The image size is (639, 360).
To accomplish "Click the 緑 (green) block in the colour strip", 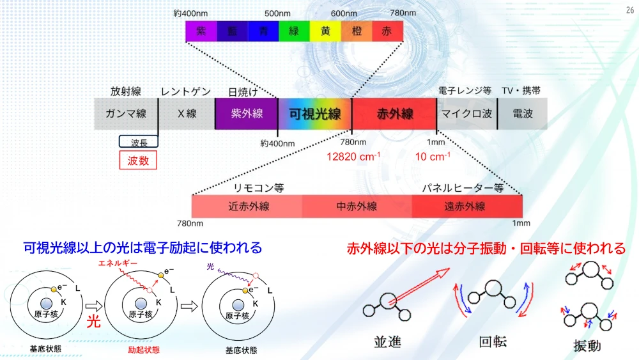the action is pos(294,31).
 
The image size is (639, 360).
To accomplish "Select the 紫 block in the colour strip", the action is pos(201,31).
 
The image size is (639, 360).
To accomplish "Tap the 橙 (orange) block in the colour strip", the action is pos(356,31).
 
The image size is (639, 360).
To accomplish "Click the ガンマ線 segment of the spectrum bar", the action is pos(126,114).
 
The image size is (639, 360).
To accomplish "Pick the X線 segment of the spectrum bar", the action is pos(187,114).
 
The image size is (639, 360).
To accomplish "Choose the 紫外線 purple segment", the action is pos(246,114).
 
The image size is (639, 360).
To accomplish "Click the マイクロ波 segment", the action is pos(466,114).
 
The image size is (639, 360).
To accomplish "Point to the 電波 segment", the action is pos(523,114).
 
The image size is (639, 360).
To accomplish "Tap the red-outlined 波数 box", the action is pos(138,160).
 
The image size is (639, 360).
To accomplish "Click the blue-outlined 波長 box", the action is pos(139,141).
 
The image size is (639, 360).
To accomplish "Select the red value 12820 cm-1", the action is pos(353,157).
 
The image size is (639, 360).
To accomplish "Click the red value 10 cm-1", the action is pos(433,157).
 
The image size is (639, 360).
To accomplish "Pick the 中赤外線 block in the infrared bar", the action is pos(357,207).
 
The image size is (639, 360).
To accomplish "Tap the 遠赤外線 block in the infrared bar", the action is pos(467,207).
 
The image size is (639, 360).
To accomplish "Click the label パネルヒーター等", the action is pos(463,188).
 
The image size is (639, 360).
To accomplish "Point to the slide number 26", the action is pos(630,10).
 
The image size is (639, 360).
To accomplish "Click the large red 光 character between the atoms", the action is pos(93,322).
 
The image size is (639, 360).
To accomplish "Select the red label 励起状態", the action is pos(143,350).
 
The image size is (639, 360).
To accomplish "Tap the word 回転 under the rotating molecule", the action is pos(493,341).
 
